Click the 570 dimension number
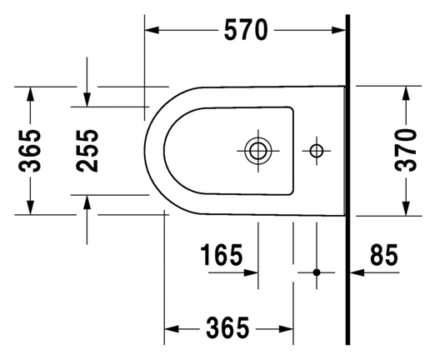point(246,30)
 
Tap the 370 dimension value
point(406,150)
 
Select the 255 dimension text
point(87,151)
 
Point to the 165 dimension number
point(222,255)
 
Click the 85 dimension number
point(384,254)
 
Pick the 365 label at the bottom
point(227,327)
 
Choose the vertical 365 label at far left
point(30,151)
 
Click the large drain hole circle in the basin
point(258,151)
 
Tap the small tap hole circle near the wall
point(317,151)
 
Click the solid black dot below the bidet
point(317,272)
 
